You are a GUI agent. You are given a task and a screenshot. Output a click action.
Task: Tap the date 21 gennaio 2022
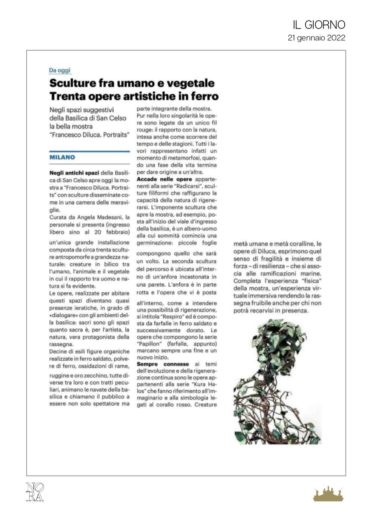(x=316, y=38)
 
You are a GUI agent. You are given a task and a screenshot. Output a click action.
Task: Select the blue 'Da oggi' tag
(x=60, y=70)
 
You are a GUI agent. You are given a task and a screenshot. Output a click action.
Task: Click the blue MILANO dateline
(x=62, y=157)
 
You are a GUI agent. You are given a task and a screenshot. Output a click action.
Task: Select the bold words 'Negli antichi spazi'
(x=68, y=173)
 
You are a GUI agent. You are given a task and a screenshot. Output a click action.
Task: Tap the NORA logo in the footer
(x=35, y=492)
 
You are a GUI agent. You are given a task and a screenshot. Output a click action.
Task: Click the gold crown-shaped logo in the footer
(x=328, y=494)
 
